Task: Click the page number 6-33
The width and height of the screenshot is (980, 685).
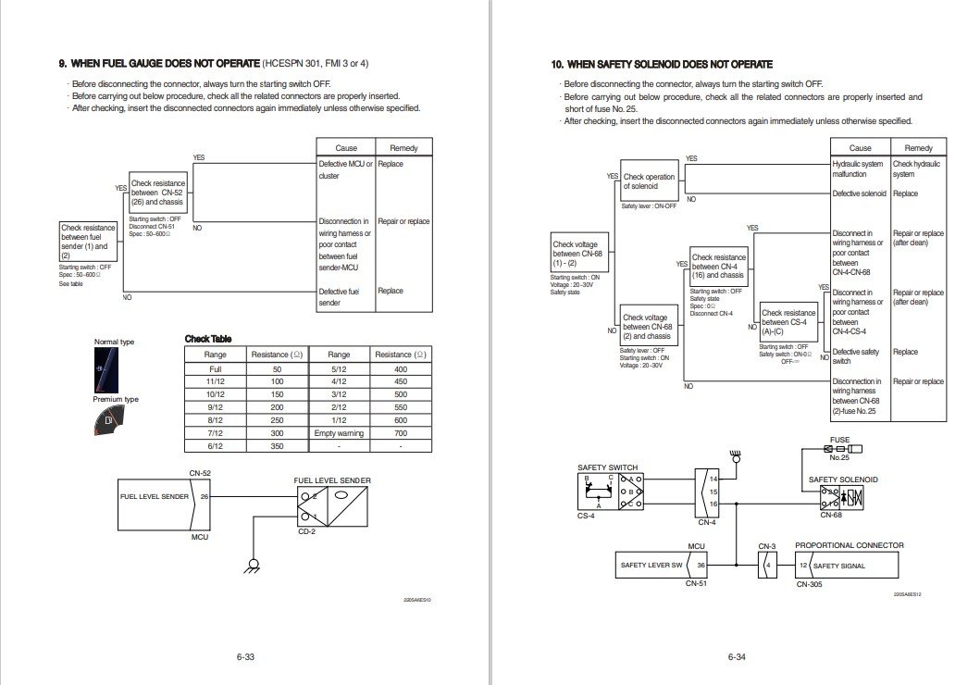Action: click(245, 657)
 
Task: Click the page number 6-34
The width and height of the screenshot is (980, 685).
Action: click(737, 657)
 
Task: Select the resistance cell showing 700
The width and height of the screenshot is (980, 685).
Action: click(401, 433)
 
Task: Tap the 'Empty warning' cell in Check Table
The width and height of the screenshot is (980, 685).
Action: click(339, 433)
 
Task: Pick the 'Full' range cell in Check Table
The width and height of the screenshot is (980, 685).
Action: click(216, 368)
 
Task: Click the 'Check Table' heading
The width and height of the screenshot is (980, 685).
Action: click(208, 339)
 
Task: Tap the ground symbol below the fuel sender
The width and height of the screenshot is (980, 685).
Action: click(251, 566)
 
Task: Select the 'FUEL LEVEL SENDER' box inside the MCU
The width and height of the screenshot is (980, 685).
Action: click(155, 496)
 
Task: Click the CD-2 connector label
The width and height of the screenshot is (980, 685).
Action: click(307, 532)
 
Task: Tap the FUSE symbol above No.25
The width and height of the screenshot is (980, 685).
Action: click(838, 449)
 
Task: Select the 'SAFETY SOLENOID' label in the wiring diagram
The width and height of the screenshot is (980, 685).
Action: click(843, 479)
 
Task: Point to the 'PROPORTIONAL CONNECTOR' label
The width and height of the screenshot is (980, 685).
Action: click(850, 545)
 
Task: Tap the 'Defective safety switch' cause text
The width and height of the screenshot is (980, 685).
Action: click(856, 356)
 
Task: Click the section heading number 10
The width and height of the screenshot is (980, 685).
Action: click(557, 65)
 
